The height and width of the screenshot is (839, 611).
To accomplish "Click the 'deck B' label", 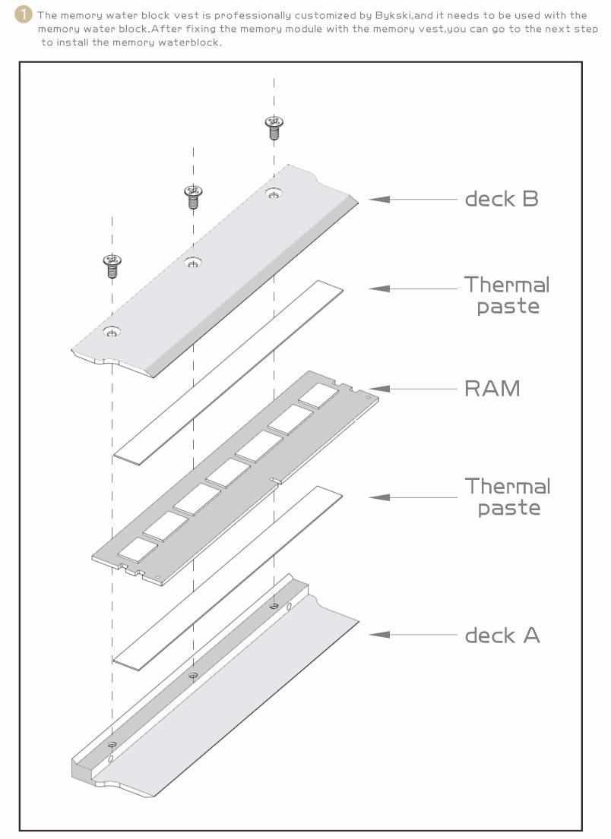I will click(x=501, y=199).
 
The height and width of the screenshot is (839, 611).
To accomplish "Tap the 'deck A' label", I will click(x=502, y=635).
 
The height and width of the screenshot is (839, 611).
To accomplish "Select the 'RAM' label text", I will click(x=492, y=388).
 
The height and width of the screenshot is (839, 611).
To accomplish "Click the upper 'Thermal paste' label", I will click(x=507, y=295).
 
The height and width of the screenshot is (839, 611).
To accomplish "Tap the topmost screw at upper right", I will click(x=274, y=126).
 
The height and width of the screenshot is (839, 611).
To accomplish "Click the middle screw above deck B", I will click(x=193, y=196).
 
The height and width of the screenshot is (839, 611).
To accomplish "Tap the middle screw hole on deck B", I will click(x=193, y=263).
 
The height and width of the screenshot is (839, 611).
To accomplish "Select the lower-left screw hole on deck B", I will click(x=112, y=332).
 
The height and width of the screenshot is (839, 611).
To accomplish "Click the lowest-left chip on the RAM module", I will click(x=138, y=549).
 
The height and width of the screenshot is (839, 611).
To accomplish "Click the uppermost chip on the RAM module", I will click(x=318, y=393).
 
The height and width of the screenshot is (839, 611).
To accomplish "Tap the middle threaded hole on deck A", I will click(x=193, y=676).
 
